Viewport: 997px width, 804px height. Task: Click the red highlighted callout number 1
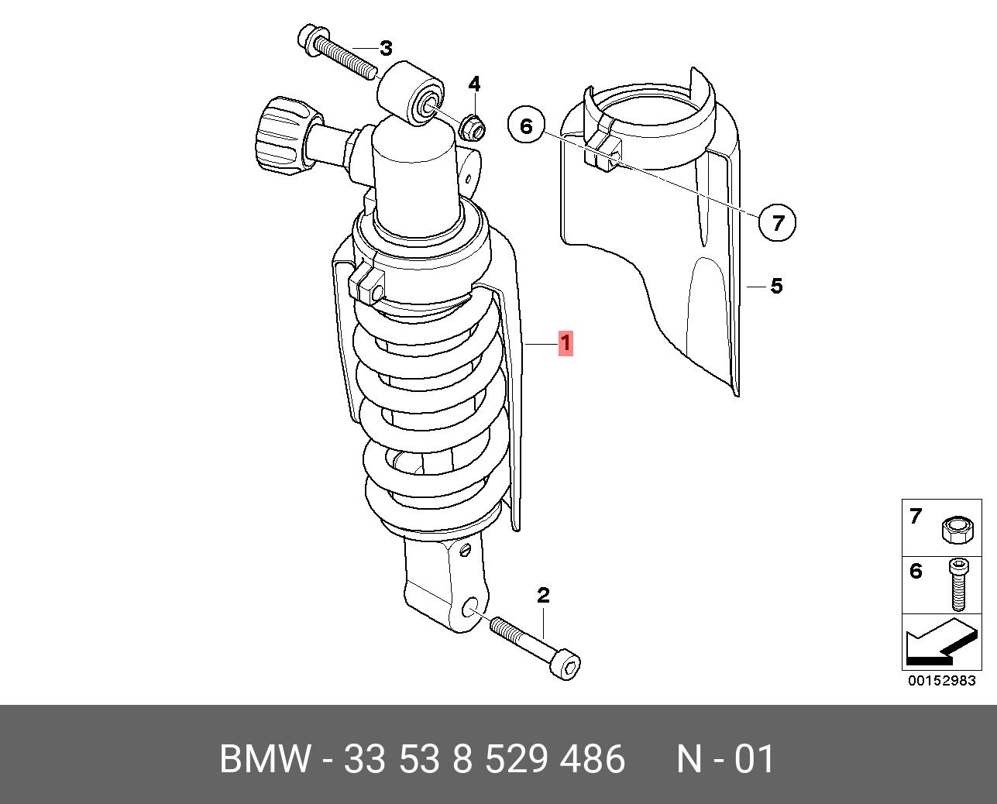click(x=566, y=343)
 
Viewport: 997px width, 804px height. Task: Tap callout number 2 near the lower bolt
click(x=544, y=595)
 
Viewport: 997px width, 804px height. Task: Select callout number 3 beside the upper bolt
click(x=386, y=48)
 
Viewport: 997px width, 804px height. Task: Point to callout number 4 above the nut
click(x=474, y=84)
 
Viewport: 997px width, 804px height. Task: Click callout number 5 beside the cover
click(x=776, y=286)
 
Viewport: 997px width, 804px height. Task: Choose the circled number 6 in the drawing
click(x=526, y=125)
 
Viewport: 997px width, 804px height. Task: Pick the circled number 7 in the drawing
click(x=777, y=222)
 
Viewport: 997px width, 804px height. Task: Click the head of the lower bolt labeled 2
click(x=566, y=668)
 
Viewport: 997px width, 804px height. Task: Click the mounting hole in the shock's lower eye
click(x=472, y=608)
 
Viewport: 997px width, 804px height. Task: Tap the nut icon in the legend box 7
click(x=957, y=530)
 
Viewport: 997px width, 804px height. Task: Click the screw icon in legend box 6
click(x=958, y=585)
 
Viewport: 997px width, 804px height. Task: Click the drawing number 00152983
click(x=941, y=681)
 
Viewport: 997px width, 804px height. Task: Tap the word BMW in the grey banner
click(x=265, y=759)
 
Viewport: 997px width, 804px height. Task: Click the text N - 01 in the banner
click(x=726, y=759)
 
